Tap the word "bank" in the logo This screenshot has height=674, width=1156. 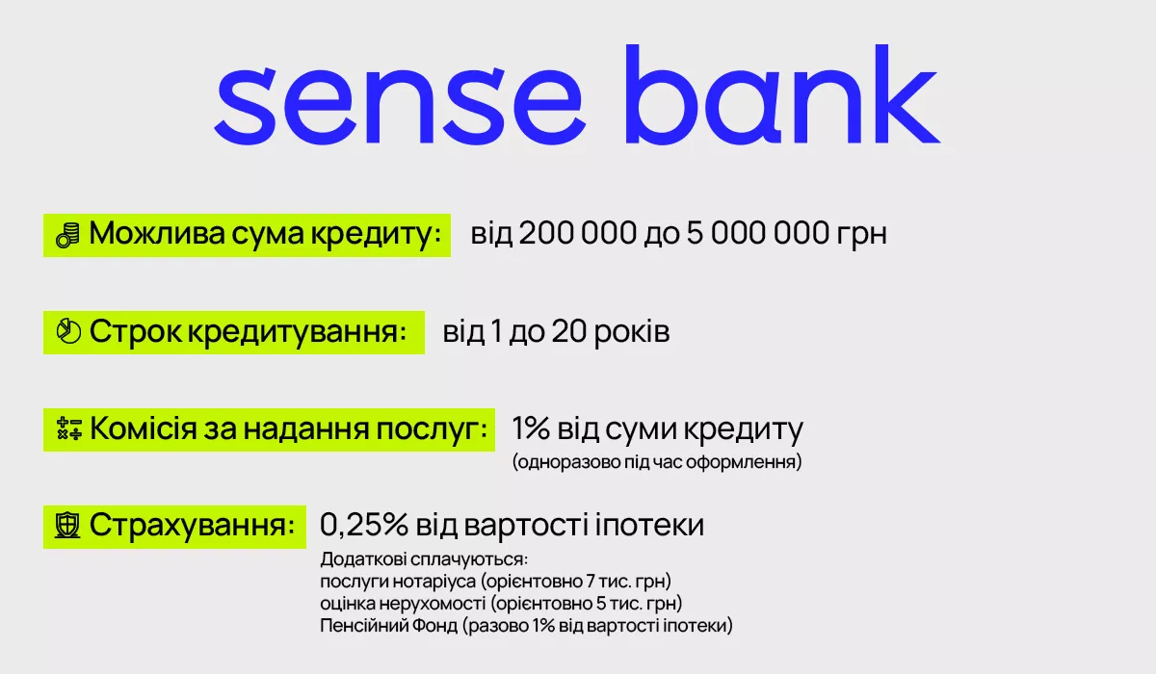[x=783, y=93]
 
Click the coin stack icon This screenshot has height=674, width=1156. [x=68, y=235]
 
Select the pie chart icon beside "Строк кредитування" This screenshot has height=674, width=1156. [x=68, y=331]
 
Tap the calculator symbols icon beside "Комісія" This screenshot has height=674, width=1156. [x=69, y=429]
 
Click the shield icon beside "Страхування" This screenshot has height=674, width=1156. [x=67, y=526]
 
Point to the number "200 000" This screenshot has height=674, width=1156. [x=577, y=233]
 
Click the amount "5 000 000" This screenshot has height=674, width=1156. [x=758, y=233]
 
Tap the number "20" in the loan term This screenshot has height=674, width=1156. [x=568, y=331]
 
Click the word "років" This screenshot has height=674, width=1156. [x=632, y=332]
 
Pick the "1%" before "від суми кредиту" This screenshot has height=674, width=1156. [x=531, y=428]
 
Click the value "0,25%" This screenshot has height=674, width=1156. [x=364, y=525]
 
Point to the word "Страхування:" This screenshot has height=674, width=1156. [x=192, y=526]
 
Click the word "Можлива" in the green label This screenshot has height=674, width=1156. [x=157, y=233]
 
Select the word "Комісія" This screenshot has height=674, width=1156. [x=143, y=428]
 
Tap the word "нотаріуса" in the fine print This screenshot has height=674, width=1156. [x=434, y=582]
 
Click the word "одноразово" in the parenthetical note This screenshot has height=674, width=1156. [x=566, y=461]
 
